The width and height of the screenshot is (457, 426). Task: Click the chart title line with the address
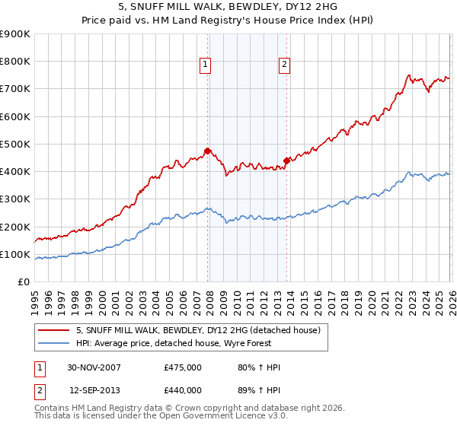pyautogui.click(x=228, y=5)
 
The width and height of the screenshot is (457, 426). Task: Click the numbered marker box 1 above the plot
pyautogui.click(x=206, y=65)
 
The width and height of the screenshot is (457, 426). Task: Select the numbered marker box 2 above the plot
pyautogui.click(x=284, y=65)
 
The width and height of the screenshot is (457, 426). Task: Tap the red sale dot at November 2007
pyautogui.click(x=207, y=151)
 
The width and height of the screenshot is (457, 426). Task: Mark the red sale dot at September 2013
pyautogui.click(x=286, y=161)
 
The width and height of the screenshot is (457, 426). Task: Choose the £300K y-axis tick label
pyautogui.click(x=15, y=199)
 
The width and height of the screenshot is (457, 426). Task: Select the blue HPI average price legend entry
pyautogui.click(x=174, y=343)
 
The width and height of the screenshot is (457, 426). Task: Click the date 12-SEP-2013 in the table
pyautogui.click(x=94, y=390)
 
